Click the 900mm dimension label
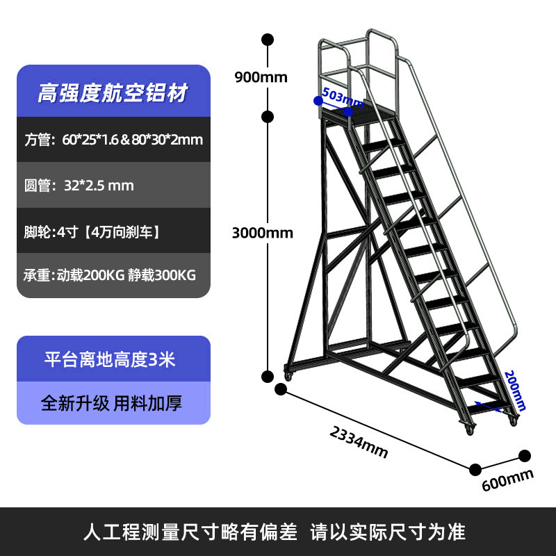point(261,77)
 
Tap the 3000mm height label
point(262,233)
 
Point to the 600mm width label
point(507,479)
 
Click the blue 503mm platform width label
point(343,99)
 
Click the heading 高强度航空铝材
point(113,93)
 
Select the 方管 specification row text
point(113,140)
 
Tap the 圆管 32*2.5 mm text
point(79,186)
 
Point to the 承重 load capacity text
point(110,275)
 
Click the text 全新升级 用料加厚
point(111,403)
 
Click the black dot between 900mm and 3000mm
point(268,116)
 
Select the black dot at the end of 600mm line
point(525,456)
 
